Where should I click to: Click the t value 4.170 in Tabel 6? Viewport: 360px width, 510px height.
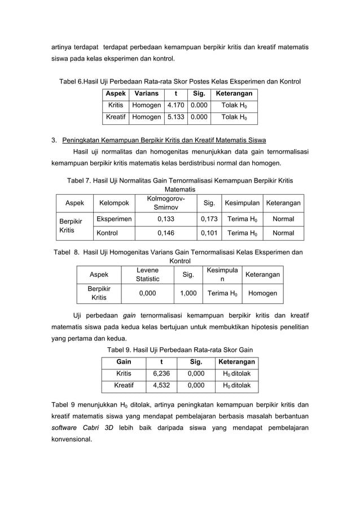pos(177,106)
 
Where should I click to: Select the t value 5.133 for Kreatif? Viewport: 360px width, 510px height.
pos(177,117)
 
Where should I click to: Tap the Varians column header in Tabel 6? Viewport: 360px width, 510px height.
pos(146,94)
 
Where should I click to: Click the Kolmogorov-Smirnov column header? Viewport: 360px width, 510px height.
pos(165,203)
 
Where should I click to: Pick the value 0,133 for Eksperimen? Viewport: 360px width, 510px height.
pos(165,219)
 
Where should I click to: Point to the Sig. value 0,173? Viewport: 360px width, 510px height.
pos(209,219)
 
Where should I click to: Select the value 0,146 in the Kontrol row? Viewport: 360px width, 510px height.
pos(165,233)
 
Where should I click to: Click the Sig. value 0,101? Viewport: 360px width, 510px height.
pos(209,233)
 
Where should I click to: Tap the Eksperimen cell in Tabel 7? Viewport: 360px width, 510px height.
pos(115,219)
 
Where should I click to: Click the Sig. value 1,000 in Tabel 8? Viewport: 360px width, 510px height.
pos(188,293)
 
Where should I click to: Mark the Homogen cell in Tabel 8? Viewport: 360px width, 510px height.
pos(262,293)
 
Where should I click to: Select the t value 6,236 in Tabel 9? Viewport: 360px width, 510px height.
pos(162,374)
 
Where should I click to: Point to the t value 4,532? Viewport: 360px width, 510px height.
pos(162,386)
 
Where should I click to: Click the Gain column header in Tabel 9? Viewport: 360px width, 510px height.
pos(124,361)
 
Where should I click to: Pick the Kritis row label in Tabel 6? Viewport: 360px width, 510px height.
pos(116,106)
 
